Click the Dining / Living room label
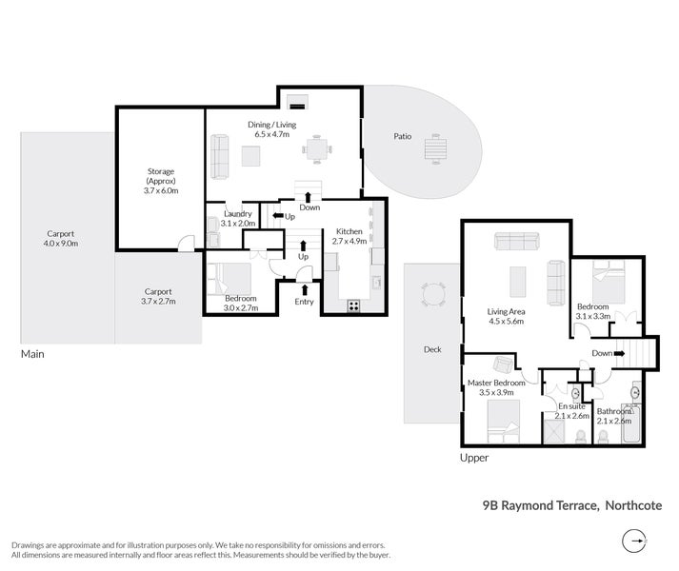coord(272,128)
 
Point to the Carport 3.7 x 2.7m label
coord(158,297)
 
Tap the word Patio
coord(403,137)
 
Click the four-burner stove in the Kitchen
coord(354,305)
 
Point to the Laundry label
coord(237,218)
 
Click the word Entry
coord(304,302)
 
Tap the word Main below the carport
coord(32,354)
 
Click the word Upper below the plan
coord(474,458)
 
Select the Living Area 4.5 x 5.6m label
coord(508,316)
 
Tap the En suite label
coord(572,410)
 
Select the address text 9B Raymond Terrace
coord(539,506)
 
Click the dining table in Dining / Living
coord(316,149)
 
